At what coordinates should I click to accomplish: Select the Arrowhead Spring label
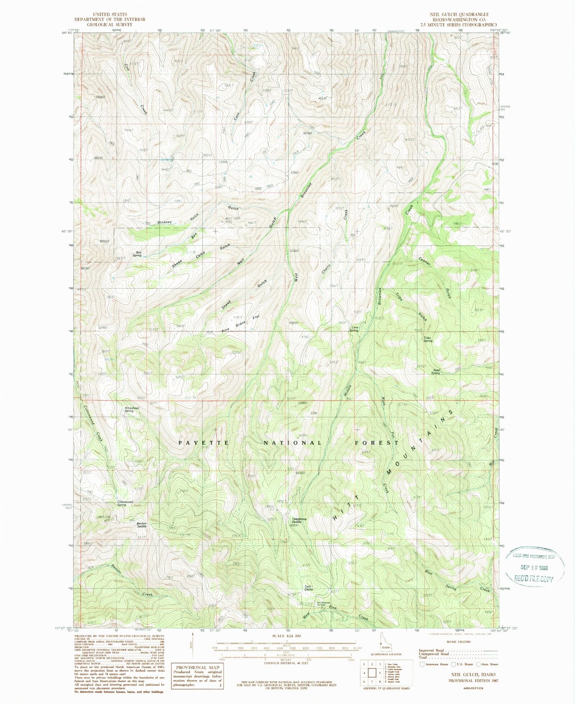(131, 409)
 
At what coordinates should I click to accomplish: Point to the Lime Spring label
(353, 329)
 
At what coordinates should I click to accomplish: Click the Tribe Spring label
(428, 339)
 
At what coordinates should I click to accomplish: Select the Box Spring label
(137, 254)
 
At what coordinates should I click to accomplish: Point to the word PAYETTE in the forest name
(204, 443)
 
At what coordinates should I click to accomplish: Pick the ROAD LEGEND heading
(459, 642)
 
